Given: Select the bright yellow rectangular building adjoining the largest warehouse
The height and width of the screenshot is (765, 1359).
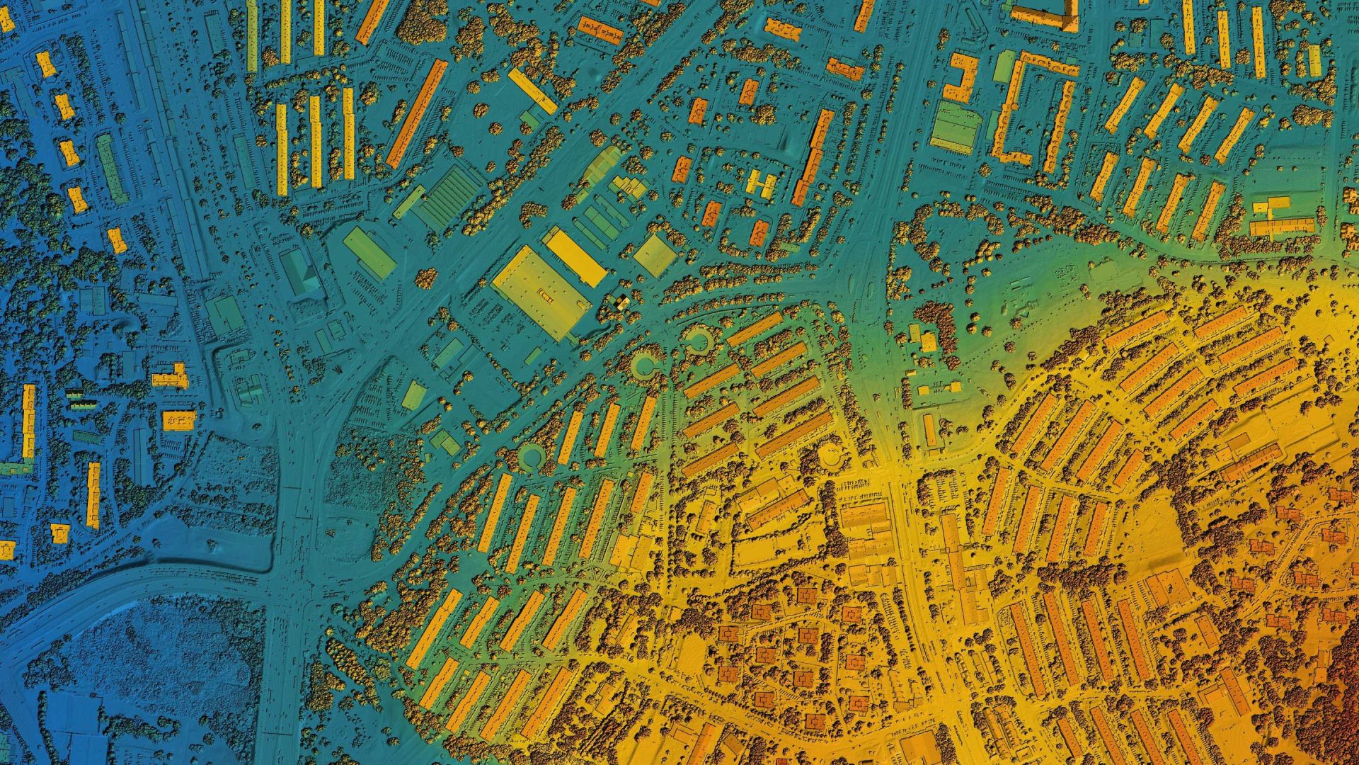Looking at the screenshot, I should [x=575, y=256].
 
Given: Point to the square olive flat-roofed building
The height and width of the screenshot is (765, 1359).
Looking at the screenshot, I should [x=655, y=255].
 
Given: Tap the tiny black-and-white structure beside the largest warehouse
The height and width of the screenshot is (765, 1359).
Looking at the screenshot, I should [x=621, y=303].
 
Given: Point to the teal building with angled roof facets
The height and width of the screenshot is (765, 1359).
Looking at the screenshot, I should [x=300, y=273].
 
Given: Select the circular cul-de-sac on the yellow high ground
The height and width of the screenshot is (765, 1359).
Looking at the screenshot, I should [x=831, y=457].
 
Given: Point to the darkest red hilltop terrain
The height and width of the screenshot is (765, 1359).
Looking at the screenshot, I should [x=1338, y=708].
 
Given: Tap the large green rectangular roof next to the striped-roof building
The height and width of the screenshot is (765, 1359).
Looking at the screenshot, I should [x=369, y=252].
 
